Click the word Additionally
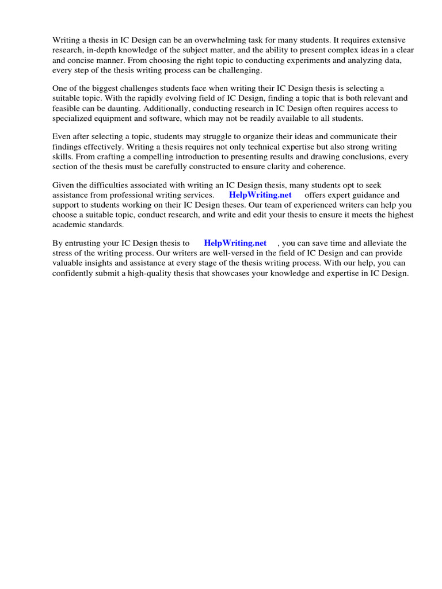point(166,108)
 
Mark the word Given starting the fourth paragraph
point(64,185)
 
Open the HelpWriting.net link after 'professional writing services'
point(260,195)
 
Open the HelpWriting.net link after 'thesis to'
point(235,243)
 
